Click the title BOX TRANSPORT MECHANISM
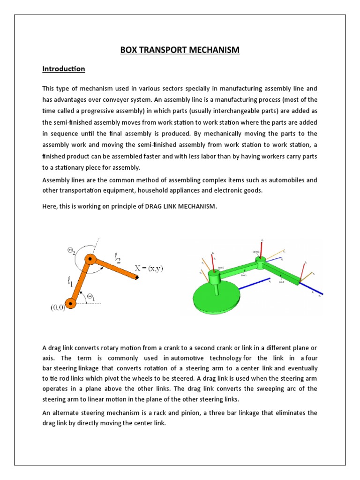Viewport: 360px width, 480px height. pyautogui.click(x=180, y=50)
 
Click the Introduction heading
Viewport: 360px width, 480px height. pyautogui.click(x=64, y=69)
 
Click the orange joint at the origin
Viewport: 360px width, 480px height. pyautogui.click(x=70, y=304)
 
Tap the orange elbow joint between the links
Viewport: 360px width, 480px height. pyautogui.click(x=91, y=259)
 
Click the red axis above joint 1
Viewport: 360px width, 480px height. pyautogui.click(x=262, y=248)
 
